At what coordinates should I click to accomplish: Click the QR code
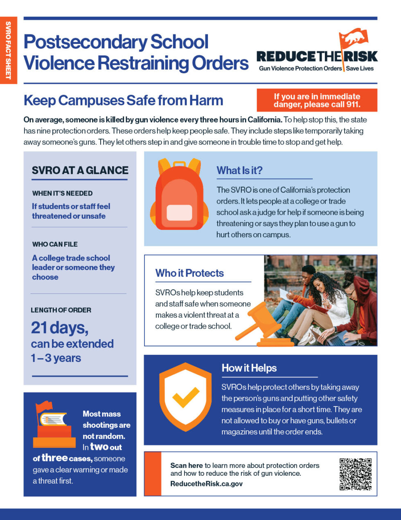pos(355,474)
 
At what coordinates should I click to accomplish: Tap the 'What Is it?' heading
pos(239,170)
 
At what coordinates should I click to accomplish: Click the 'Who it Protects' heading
pos(189,273)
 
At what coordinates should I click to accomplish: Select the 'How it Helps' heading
pos(249,368)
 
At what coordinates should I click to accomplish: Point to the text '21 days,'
pos(60,327)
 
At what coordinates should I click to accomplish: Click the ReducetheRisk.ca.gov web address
pos(206,484)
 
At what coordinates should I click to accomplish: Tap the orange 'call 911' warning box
pos(317,100)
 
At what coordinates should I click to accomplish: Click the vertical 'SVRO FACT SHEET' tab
pos(8,50)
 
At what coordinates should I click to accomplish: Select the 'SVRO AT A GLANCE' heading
pos(80,170)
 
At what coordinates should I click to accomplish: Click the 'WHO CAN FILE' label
pos(55,244)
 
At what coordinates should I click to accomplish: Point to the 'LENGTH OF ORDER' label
pos(61,310)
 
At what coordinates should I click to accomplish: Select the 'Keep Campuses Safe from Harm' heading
pos(123,100)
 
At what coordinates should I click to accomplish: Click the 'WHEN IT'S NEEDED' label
pos(62,193)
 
